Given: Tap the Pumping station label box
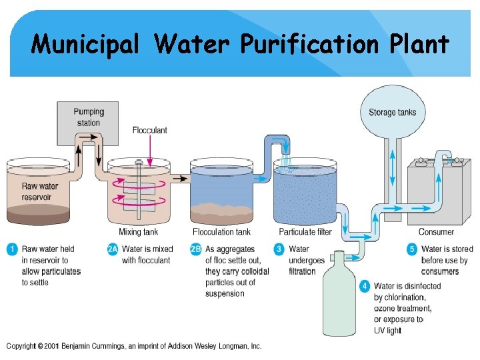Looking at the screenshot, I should click(88, 117).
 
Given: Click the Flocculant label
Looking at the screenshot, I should click(149, 130).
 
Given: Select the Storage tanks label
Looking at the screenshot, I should click(392, 112).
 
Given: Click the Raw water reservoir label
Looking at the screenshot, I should click(40, 191).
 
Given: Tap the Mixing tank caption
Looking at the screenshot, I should click(138, 232).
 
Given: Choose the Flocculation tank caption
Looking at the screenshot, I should click(222, 232).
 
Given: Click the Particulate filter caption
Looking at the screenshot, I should click(305, 232).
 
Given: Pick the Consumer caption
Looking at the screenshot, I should click(436, 232).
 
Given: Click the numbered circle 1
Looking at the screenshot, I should click(11, 249).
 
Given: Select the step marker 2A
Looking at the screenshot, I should click(113, 249).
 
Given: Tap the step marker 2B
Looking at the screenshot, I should click(195, 249).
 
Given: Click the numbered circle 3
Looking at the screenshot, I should click(279, 249).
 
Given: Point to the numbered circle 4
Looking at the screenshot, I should click(364, 286).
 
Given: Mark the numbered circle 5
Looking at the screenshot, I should click(411, 249).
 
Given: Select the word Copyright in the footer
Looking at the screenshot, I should click(21, 346).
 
